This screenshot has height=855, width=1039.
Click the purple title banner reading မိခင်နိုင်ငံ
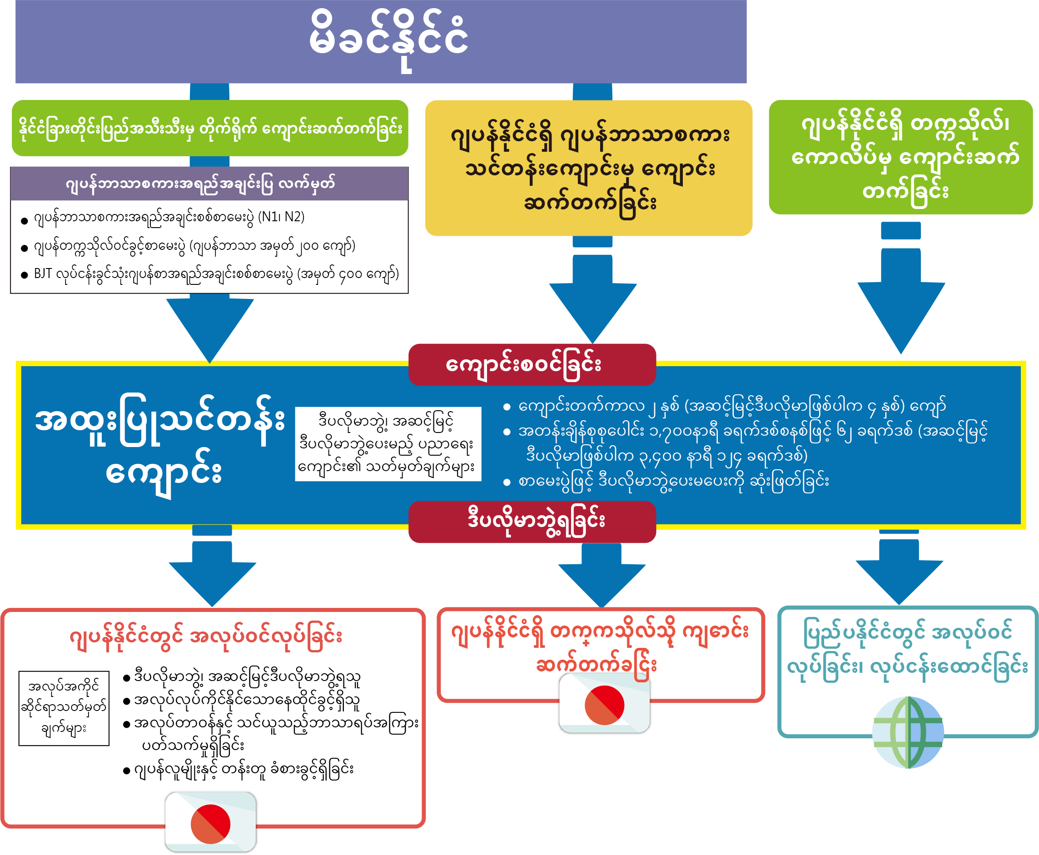381,41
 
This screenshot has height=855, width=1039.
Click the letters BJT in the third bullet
43,274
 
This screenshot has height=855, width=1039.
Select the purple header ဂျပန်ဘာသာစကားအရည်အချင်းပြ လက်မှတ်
209,184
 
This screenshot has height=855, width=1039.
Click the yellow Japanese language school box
588,168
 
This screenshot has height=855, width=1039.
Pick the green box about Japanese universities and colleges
900,157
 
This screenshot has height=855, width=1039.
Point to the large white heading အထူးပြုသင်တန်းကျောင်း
160,445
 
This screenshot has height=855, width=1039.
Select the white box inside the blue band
388,443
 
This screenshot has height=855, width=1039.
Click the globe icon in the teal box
908,732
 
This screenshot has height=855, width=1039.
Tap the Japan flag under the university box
604,705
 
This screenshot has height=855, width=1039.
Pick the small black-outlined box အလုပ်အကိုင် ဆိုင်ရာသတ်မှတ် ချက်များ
64,708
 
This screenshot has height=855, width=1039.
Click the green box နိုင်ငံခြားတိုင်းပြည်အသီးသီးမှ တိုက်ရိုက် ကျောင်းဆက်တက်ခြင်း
210,128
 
